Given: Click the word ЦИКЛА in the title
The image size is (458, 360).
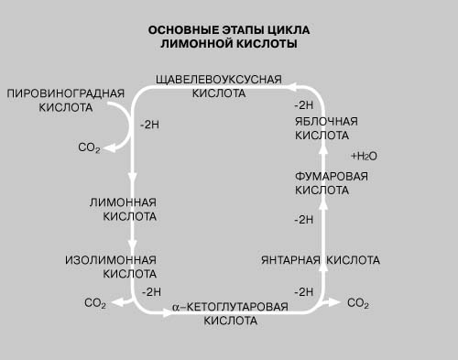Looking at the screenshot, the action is click(x=289, y=30).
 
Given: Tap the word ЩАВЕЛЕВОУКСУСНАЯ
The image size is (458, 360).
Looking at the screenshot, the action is click(x=219, y=80).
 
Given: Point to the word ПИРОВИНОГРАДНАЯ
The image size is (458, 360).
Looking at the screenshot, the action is click(x=66, y=93).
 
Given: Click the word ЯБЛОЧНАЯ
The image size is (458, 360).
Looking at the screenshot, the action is click(x=326, y=122).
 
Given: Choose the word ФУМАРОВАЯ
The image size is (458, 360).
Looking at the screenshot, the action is click(x=332, y=177).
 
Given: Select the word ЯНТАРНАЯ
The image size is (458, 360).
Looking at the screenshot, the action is click(x=290, y=260).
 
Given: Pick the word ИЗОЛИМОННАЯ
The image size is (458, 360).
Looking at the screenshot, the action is click(x=111, y=260).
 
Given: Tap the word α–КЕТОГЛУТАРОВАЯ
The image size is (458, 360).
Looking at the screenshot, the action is click(x=230, y=307).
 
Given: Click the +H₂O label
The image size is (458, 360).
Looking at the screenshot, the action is click(x=364, y=157).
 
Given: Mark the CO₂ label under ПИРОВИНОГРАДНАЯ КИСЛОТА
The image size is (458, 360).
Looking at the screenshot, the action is click(x=89, y=147).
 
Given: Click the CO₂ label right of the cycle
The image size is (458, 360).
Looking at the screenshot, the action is click(x=358, y=303).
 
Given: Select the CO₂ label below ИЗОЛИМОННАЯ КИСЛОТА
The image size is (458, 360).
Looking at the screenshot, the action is click(x=95, y=303).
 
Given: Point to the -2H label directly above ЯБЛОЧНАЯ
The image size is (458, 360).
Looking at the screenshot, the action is click(x=304, y=105).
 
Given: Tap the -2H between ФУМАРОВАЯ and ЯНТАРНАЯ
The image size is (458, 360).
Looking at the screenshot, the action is click(x=304, y=220).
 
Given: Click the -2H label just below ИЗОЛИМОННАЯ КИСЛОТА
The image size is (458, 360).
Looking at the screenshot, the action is click(x=151, y=292).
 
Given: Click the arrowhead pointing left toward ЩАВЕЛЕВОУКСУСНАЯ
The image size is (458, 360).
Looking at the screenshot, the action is click(x=292, y=87).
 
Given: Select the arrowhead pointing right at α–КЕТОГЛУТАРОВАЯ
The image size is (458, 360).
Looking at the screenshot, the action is click(x=169, y=312).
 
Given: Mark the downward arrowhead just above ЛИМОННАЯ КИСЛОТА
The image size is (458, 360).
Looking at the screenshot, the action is click(x=132, y=178).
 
